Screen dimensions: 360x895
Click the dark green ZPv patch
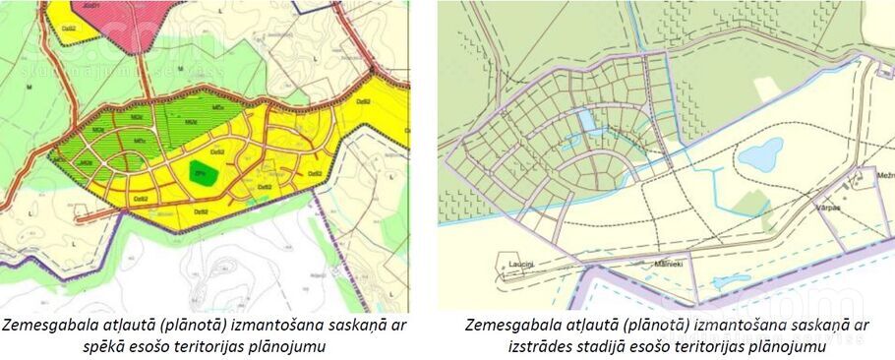coord(203,172)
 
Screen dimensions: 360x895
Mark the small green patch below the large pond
coord(752,204)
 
